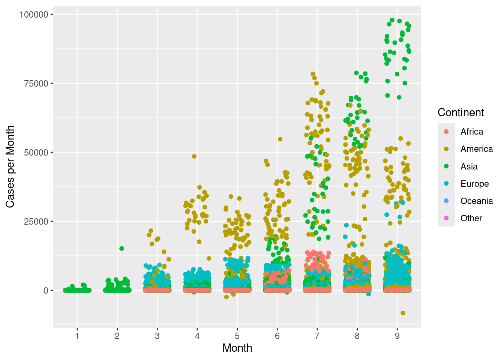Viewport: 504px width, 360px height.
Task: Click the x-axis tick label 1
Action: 77,336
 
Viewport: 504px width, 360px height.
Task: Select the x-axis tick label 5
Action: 237,336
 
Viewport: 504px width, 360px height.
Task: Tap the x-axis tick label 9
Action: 397,336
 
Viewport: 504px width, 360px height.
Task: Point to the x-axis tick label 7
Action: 317,336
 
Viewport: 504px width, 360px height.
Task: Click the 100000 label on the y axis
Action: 34,15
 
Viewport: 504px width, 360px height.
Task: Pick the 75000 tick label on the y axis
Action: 36,84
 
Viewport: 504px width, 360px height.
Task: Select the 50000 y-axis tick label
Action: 36,153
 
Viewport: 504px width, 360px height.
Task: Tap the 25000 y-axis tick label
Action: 36,222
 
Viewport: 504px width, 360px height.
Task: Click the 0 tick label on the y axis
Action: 46,291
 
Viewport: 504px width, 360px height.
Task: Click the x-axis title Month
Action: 237,348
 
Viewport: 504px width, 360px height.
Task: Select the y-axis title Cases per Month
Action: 10,166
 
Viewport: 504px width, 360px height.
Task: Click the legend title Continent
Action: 461,112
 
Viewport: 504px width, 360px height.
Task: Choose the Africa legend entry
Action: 472,132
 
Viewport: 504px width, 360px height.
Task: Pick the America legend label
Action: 477,149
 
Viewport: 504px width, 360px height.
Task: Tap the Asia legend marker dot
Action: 446,166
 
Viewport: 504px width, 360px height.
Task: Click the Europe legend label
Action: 474,184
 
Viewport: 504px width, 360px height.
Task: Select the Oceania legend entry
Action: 477,201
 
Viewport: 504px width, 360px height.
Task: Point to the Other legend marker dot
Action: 446,218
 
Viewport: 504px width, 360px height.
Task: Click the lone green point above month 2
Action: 121,248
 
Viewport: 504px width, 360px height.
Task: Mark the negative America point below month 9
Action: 403,313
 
